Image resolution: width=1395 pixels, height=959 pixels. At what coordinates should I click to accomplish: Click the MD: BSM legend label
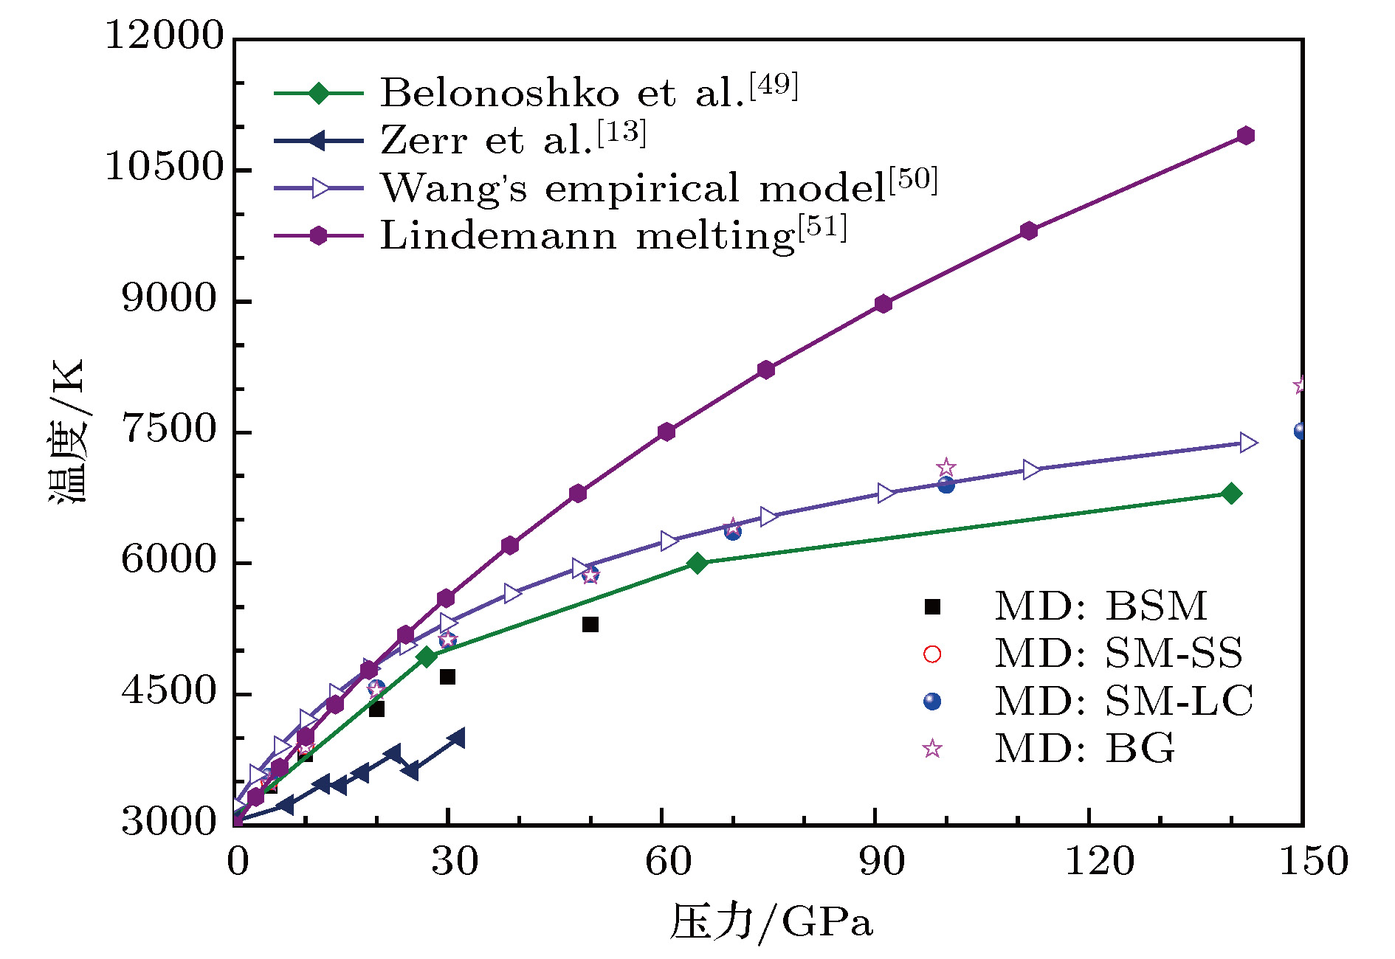[1100, 606]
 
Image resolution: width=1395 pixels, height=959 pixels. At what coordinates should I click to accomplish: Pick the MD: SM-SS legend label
[1118, 654]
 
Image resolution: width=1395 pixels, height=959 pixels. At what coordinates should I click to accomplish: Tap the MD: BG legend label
[1084, 748]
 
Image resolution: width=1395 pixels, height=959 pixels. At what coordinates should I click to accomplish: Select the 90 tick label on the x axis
[881, 860]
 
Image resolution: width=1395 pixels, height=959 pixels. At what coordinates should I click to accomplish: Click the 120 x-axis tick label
[1099, 860]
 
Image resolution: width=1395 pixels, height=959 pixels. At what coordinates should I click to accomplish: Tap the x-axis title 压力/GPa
[771, 922]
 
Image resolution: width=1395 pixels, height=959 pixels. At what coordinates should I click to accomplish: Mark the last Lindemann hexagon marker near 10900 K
[1246, 136]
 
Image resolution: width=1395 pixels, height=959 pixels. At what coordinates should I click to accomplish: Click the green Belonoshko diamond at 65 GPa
[697, 564]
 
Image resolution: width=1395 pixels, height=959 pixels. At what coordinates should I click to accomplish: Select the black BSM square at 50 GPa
[590, 625]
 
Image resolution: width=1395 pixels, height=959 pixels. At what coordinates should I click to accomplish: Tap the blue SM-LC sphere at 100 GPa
[945, 485]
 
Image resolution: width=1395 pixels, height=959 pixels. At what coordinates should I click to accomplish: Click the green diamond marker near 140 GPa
[1230, 494]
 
